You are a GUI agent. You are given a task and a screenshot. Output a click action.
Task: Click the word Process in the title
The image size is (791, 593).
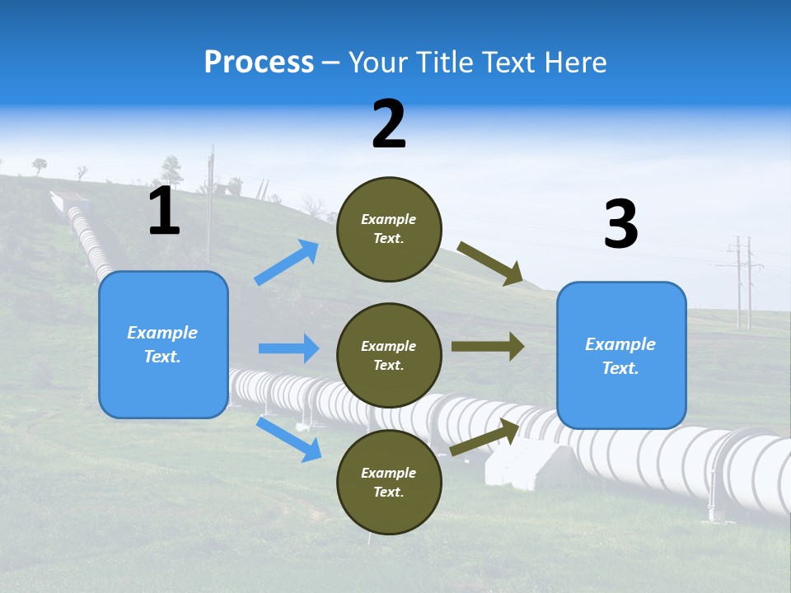pyautogui.click(x=259, y=62)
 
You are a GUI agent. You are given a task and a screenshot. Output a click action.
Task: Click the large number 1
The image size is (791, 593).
pyautogui.click(x=164, y=211)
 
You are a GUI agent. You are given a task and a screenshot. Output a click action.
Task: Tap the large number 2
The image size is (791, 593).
pyautogui.click(x=389, y=124)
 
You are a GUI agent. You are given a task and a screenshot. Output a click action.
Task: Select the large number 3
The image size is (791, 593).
pyautogui.click(x=620, y=224)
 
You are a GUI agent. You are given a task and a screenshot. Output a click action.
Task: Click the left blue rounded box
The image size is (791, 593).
pyautogui.click(x=163, y=344)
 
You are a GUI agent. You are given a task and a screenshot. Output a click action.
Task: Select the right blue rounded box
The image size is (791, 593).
pyautogui.click(x=621, y=355)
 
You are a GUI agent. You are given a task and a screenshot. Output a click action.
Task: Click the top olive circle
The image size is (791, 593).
pyautogui.click(x=389, y=229)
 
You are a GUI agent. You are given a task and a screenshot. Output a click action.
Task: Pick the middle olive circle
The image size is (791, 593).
pyautogui.click(x=389, y=355)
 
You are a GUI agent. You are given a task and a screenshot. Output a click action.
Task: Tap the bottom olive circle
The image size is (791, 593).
pyautogui.click(x=389, y=482)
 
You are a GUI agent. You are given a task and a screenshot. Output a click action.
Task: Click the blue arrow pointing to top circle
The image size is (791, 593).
pyautogui.click(x=287, y=263)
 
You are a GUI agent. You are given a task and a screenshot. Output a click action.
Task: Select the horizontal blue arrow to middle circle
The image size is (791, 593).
pyautogui.click(x=288, y=348)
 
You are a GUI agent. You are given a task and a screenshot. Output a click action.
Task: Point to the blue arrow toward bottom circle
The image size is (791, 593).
pyautogui.click(x=288, y=438)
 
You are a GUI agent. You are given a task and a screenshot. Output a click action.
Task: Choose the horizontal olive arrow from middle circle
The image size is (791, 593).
pyautogui.click(x=487, y=347)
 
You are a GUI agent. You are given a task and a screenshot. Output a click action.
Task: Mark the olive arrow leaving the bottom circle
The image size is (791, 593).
pyautogui.click(x=484, y=437)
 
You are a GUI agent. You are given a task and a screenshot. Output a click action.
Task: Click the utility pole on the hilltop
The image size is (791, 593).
pyautogui.click(x=210, y=189)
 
